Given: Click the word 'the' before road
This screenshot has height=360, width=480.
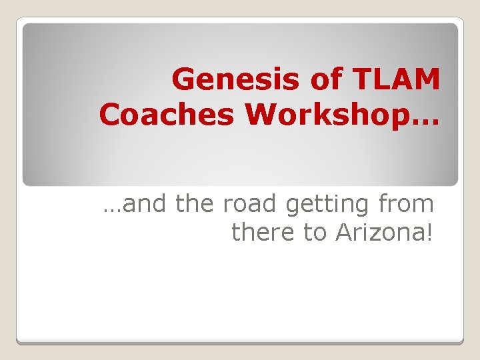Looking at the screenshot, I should coord(196,204).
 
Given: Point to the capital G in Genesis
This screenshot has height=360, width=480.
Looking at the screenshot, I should coord(184,81).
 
